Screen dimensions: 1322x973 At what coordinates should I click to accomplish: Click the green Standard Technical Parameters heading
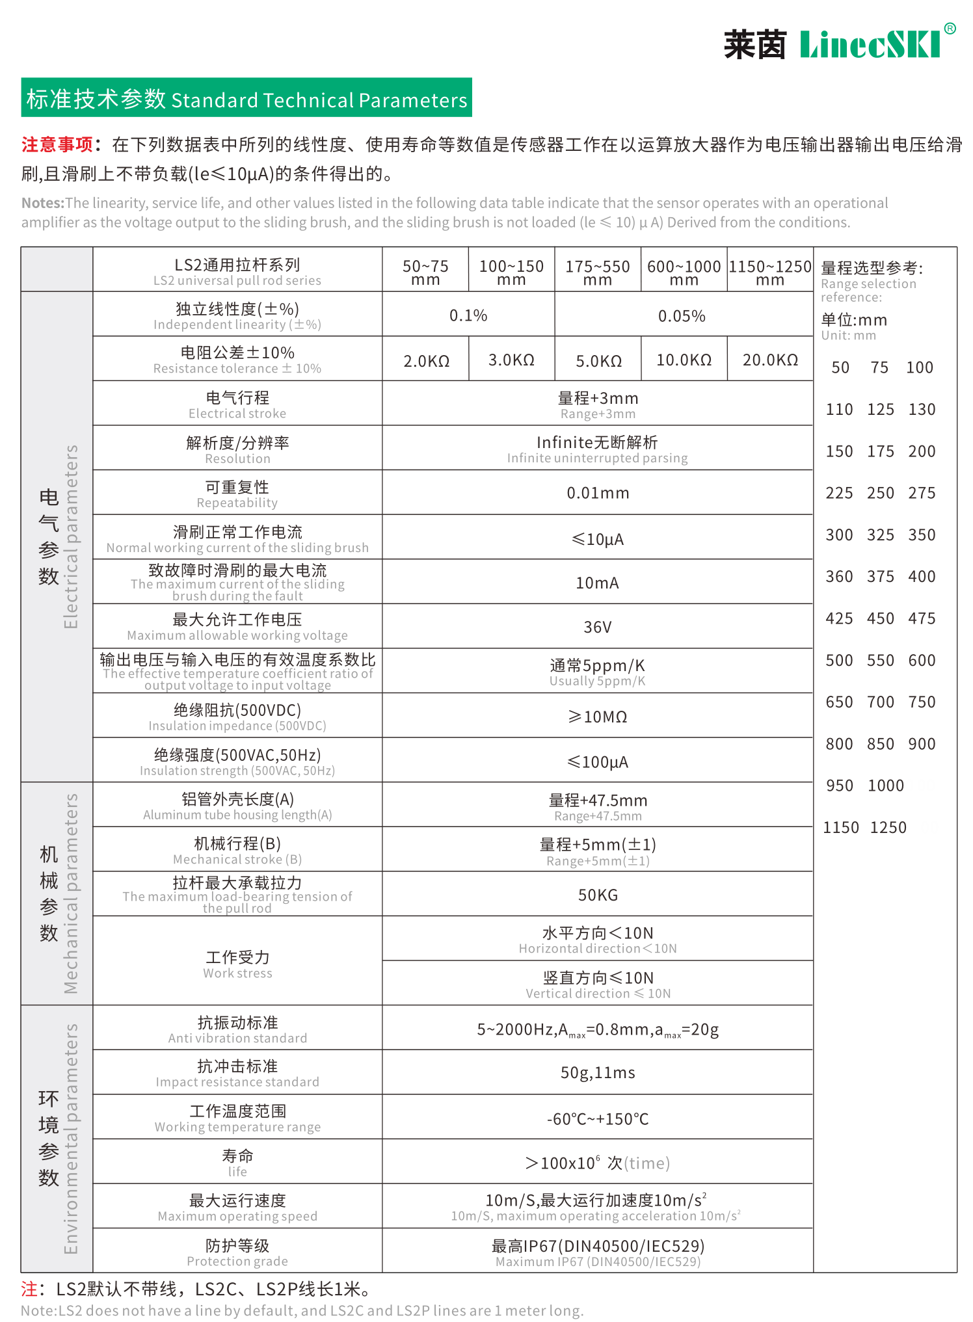[247, 98]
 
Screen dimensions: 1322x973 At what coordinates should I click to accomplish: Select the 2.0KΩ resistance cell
[426, 360]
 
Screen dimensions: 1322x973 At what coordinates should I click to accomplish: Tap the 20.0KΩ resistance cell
[770, 360]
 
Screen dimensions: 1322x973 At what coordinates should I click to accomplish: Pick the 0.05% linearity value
[682, 316]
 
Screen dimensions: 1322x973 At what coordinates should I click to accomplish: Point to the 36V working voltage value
[597, 627]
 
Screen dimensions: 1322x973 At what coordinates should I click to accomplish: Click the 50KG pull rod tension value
[598, 895]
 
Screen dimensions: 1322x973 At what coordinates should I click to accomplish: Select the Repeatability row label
[237, 494]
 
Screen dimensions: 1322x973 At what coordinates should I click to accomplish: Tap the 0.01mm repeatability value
[598, 493]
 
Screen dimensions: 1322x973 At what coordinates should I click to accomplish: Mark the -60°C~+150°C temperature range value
[598, 1119]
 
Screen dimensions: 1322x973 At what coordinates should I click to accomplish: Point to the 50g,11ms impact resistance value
[598, 1072]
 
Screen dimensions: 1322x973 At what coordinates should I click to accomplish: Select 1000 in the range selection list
[886, 786]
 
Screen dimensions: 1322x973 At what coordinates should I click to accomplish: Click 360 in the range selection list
[839, 577]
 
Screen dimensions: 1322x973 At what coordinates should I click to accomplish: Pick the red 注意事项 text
[57, 144]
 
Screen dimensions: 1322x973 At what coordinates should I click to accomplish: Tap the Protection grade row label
[237, 1252]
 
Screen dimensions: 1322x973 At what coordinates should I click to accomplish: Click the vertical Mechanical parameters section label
[71, 893]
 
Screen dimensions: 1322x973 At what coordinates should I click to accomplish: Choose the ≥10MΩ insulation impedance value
[598, 717]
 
